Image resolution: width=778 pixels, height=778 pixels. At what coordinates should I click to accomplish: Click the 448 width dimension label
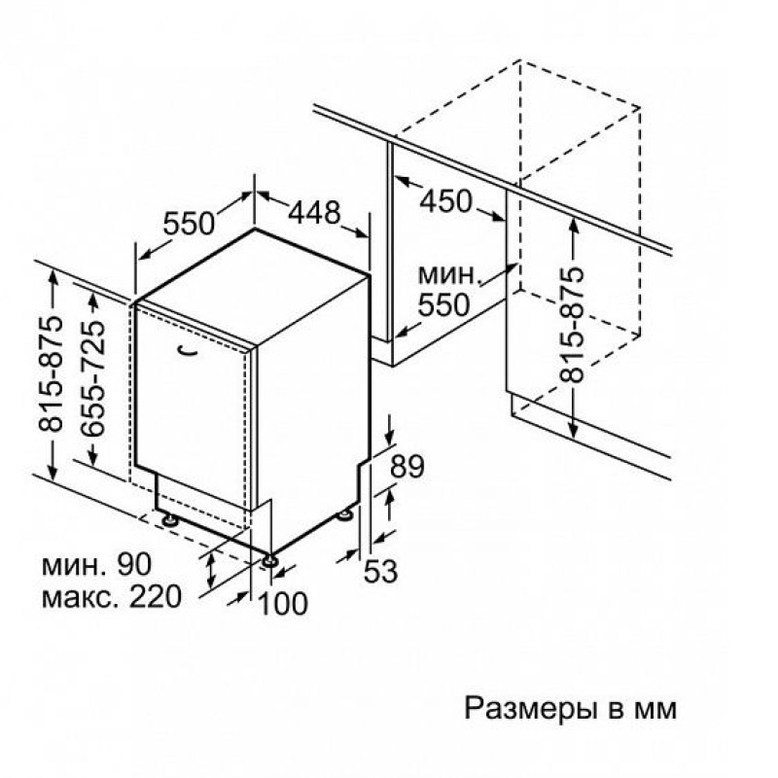coord(314,212)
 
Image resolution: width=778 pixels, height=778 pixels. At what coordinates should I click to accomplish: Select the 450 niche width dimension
coord(446,201)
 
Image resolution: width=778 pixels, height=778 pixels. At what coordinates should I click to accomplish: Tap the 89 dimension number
coord(407,466)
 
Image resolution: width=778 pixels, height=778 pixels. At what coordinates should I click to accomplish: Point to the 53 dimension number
coord(381,571)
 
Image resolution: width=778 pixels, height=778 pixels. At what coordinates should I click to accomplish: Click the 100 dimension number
coord(283,603)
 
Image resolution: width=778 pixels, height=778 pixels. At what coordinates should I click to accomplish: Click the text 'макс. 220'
coord(112,597)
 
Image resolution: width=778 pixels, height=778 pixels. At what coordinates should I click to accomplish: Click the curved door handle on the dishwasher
coord(188,350)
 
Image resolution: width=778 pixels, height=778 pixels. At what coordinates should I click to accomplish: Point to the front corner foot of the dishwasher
coord(270,560)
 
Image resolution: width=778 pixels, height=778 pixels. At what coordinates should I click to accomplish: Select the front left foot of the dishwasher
coord(171,519)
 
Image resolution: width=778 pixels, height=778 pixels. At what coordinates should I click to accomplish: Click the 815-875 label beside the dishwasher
coord(52,373)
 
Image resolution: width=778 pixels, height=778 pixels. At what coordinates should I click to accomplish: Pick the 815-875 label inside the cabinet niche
coord(572,325)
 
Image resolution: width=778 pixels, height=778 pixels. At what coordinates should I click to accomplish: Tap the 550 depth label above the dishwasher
coord(189,223)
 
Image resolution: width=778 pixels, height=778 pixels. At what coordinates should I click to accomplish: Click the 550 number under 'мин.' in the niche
coord(443,304)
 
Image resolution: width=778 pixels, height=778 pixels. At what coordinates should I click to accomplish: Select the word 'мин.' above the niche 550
coord(450,274)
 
